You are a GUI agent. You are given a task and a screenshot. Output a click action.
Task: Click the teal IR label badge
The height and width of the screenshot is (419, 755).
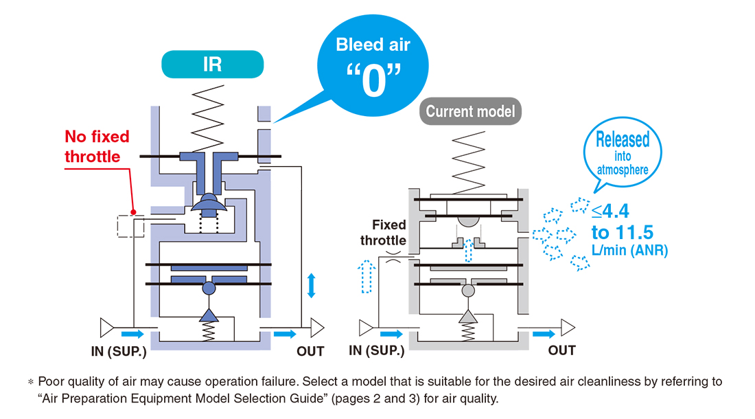point(212,64)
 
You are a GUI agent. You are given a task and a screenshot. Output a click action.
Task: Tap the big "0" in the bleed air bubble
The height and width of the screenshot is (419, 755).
point(373,80)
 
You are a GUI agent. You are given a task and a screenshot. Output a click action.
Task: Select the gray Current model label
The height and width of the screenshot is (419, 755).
point(470,111)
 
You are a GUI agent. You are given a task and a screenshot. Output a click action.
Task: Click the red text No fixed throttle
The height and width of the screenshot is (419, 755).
point(97,146)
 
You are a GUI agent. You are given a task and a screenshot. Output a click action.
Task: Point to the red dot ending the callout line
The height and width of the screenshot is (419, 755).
point(133,212)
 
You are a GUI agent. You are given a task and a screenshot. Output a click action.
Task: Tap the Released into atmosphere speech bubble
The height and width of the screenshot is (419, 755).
point(623,153)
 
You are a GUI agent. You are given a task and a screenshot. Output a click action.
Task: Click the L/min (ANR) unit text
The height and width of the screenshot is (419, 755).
point(629,251)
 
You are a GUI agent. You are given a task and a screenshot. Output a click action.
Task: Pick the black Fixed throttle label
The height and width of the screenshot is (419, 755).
point(383,233)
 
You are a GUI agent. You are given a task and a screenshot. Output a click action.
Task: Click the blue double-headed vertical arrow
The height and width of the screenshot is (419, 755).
point(312,285)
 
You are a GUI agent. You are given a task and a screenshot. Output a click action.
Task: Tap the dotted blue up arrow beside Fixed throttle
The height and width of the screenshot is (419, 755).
point(367,277)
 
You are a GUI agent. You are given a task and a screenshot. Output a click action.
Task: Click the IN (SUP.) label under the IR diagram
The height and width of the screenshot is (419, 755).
point(119,352)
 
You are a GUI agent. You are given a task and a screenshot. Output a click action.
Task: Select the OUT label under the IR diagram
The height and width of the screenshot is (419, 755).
point(310,352)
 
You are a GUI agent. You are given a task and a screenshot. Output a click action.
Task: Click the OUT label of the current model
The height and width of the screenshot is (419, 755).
point(561,350)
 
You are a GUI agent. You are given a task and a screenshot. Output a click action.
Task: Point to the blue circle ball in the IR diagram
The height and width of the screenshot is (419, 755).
point(209,288)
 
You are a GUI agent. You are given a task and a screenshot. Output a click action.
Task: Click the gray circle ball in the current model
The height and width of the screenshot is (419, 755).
point(468,291)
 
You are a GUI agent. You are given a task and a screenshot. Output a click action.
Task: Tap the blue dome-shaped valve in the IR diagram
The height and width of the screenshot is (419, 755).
point(209,202)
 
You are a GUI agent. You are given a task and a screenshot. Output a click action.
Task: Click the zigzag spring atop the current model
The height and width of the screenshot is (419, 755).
point(469,162)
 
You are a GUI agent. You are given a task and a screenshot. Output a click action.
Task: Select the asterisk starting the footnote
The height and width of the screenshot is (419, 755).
point(31,383)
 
